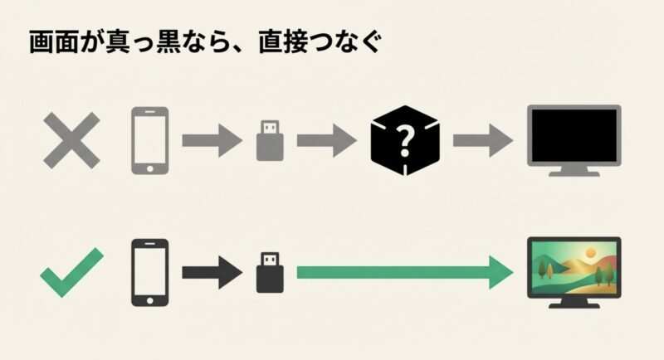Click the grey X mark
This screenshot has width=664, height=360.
tap(72, 139)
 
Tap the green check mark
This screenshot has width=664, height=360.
tap(72, 271)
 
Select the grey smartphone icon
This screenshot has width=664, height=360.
tap(149, 139)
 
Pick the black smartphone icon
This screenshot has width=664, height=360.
tap(149, 272)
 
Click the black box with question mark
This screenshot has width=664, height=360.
tap(405, 139)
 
